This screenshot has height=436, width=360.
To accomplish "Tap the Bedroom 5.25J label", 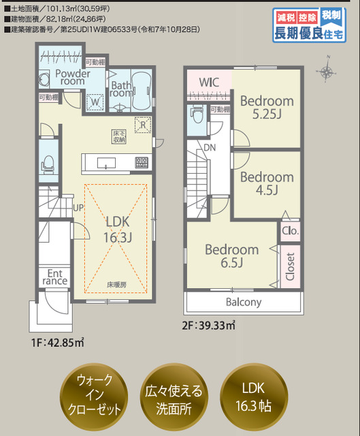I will tap(267, 107).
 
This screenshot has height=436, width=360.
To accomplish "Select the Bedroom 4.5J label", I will tap(267, 183).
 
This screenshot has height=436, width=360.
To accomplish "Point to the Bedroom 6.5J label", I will tap(232, 256).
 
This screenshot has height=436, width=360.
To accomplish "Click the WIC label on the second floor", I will tap(209, 82).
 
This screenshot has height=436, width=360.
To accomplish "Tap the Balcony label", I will tap(243, 302).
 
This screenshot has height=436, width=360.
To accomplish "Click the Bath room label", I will tap(122, 89).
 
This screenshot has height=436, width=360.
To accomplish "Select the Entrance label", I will tap(54, 276).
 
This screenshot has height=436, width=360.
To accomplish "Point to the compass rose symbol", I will tap(327, 72).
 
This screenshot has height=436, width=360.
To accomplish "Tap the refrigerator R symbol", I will tap(142, 124).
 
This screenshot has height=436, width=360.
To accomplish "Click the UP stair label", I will tap(78, 207).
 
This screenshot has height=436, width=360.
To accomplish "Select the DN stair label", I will tap(210, 148).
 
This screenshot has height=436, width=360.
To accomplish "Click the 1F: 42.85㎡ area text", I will tap(57, 342).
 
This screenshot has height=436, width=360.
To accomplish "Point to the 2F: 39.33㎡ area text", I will tap(208, 325).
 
